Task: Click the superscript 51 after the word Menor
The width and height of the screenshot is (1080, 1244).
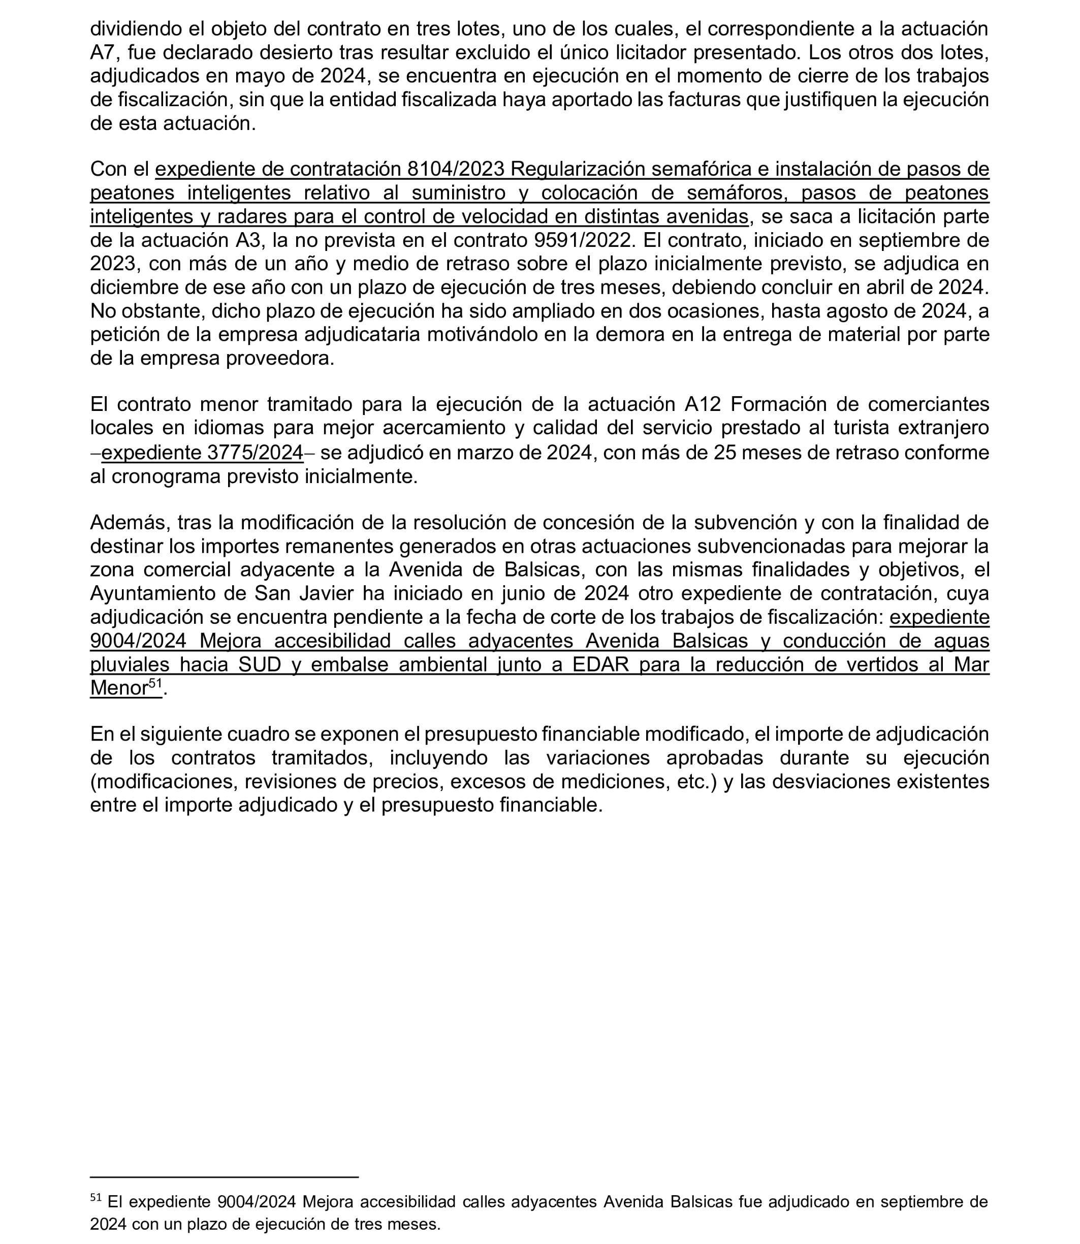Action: click(x=155, y=684)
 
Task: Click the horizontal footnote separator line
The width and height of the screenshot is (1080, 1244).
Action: click(x=224, y=1176)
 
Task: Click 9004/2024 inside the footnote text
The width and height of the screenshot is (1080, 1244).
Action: click(x=256, y=1202)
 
